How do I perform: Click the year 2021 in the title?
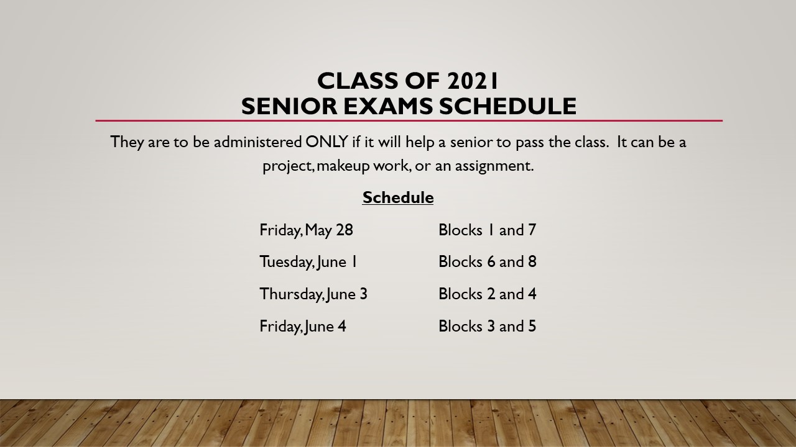(x=472, y=81)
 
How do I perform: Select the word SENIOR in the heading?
(x=289, y=106)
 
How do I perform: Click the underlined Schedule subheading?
(x=398, y=197)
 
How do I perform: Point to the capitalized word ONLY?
(x=326, y=142)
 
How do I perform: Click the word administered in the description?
(x=258, y=142)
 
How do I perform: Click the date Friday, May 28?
(x=307, y=230)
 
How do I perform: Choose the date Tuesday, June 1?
(x=308, y=262)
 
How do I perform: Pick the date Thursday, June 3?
(x=313, y=294)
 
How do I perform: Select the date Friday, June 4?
(x=303, y=327)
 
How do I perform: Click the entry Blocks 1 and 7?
(x=487, y=230)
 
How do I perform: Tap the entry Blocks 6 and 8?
(x=487, y=262)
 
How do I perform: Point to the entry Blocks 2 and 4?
(x=487, y=294)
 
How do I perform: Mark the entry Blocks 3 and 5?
(x=487, y=327)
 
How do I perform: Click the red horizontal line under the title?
(x=409, y=121)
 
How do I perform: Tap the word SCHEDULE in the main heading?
(x=508, y=106)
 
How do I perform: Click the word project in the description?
(x=287, y=166)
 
